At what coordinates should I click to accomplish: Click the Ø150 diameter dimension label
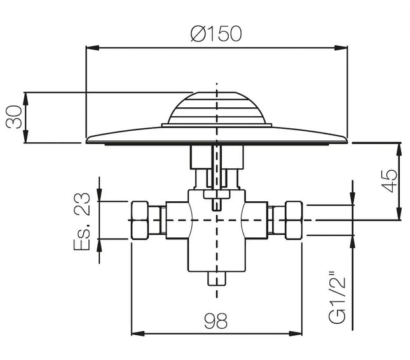pyautogui.click(x=216, y=34)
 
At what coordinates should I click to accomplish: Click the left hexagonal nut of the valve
pyautogui.click(x=141, y=220)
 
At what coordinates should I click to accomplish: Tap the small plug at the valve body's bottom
pyautogui.click(x=217, y=279)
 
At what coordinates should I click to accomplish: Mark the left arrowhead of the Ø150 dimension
pyautogui.click(x=90, y=47)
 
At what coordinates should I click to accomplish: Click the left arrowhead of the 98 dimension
pyautogui.click(x=135, y=333)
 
